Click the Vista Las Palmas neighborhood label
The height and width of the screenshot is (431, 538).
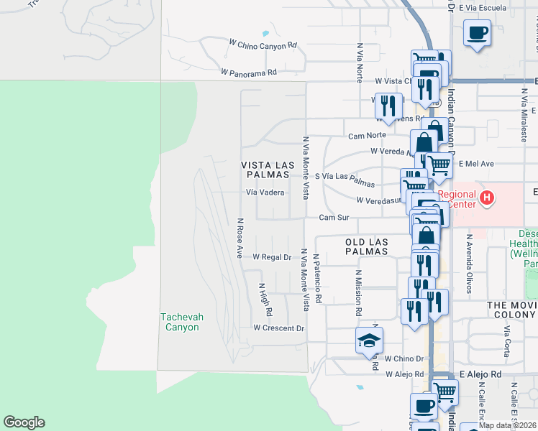268,170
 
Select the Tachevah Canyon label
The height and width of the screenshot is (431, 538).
180,321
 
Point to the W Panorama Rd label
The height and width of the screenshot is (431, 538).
249,73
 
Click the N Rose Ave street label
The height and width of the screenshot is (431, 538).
240,238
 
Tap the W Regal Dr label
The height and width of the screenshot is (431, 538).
271,256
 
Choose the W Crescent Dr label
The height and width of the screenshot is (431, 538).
278,328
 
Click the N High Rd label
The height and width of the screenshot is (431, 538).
264,300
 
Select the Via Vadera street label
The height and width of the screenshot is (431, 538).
265,193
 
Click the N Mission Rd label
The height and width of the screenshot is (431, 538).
357,293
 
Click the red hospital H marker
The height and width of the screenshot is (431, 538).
487,197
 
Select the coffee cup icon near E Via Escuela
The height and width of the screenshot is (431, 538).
477,32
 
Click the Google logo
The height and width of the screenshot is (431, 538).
24,422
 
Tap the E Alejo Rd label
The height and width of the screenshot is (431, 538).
480,374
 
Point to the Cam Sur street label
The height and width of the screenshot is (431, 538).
333,217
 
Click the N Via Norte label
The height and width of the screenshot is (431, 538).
359,61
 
